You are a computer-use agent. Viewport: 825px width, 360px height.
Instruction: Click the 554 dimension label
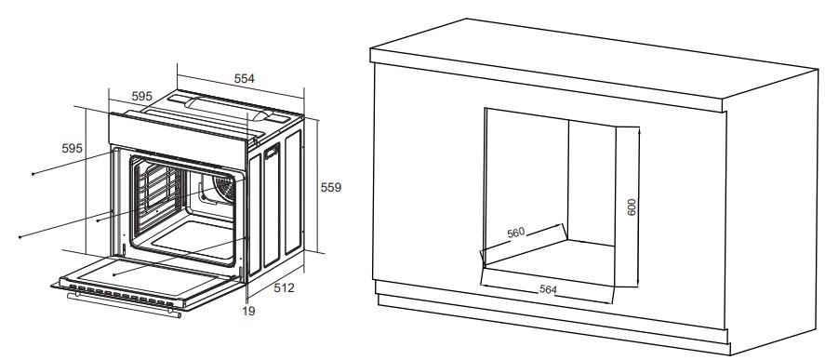click(244, 78)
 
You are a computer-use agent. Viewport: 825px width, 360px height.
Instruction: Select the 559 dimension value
click(331, 187)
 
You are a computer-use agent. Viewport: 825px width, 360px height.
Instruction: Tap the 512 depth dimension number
click(284, 287)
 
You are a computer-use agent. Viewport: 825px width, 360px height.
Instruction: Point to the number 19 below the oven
click(249, 311)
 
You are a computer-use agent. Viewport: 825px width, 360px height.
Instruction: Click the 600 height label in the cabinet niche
click(632, 207)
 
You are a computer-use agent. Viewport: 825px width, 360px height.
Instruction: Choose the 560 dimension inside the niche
click(515, 233)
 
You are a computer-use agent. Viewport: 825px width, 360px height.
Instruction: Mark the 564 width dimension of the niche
click(548, 289)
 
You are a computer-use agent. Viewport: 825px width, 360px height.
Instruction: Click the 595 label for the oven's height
click(72, 149)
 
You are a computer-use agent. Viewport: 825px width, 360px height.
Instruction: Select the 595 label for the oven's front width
click(141, 97)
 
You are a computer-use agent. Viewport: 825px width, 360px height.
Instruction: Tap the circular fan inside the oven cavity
click(226, 188)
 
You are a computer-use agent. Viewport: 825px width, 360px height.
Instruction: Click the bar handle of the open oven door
click(124, 305)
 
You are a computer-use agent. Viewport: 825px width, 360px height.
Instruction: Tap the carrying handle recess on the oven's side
click(272, 152)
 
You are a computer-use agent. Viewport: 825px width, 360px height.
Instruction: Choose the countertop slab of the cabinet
click(593, 66)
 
